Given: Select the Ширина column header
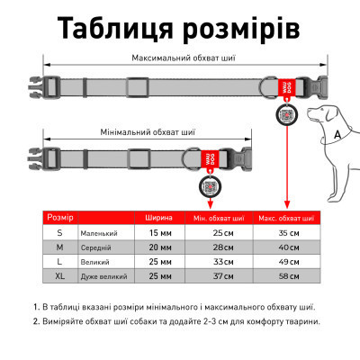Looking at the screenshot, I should [x=158, y=218].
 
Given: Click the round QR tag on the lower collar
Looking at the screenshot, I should [x=208, y=187].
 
